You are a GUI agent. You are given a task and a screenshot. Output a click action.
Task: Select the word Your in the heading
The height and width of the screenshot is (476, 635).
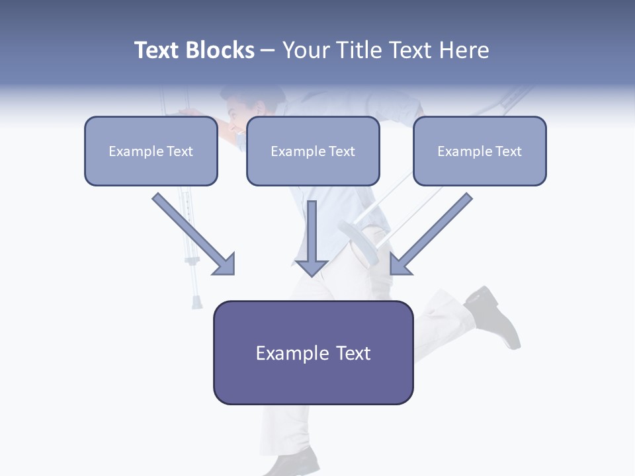coord(307,50)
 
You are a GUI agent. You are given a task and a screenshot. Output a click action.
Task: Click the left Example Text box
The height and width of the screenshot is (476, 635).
coord(151,151)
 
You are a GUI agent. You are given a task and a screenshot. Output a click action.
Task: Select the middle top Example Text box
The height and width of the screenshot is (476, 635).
coord(313,151)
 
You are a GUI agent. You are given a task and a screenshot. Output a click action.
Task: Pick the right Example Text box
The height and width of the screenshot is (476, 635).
coord(480,151)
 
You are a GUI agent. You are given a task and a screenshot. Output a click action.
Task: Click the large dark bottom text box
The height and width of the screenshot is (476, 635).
coord(313,352)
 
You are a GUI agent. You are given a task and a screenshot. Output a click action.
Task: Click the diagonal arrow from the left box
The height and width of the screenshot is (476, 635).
coord(194,234)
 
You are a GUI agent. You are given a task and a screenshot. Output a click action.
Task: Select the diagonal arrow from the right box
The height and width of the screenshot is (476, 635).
coord(430,234)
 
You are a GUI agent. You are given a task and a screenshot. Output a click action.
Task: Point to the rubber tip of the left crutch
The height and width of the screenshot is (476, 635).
coord(196,302)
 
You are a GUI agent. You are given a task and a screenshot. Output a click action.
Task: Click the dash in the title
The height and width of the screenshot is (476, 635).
coord(268,50)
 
